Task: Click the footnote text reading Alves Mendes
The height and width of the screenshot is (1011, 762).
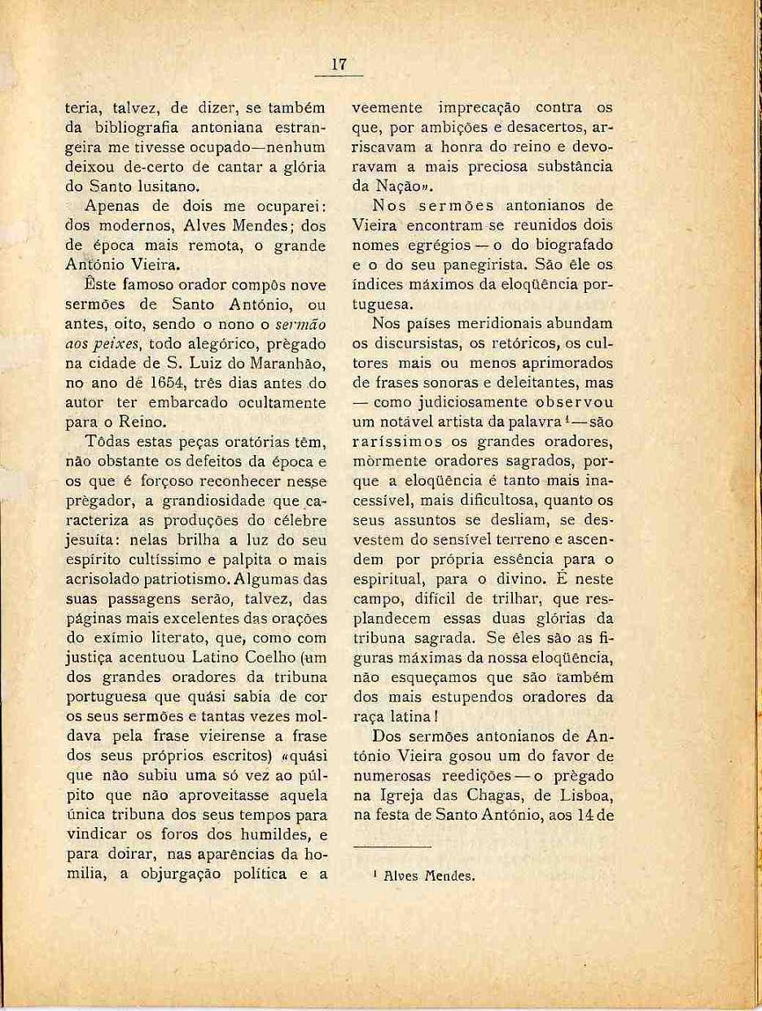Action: [430, 876]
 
